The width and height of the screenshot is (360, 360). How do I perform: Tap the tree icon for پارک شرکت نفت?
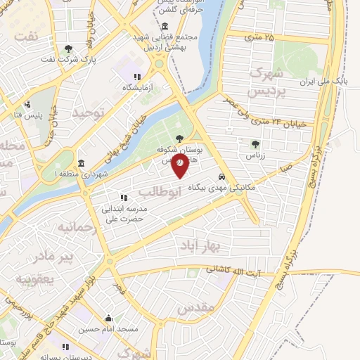pos(68,49)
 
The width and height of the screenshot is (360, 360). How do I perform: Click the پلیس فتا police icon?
pos(27,105)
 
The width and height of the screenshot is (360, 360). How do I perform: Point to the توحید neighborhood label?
pos(92,113)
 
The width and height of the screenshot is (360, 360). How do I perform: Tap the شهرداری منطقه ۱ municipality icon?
pos(82,163)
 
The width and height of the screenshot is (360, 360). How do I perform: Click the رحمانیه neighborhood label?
pos(76,229)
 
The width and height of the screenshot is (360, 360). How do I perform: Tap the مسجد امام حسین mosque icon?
pos(108,318)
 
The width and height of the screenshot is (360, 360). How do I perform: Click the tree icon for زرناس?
pos(255,144)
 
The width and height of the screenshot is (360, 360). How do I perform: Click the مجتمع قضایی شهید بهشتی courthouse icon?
pos(164,25)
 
